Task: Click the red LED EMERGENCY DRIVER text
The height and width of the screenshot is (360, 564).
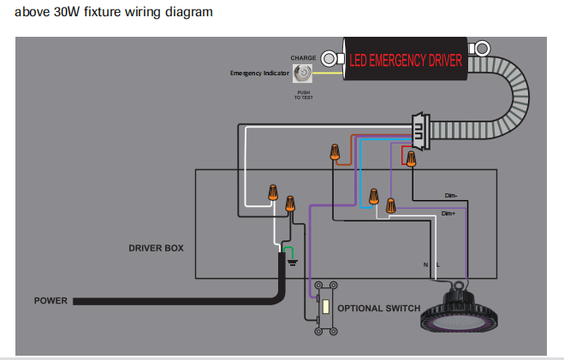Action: (x=406, y=61)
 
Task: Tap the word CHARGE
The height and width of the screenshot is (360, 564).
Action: (x=303, y=58)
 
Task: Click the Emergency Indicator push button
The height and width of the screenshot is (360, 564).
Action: (x=302, y=74)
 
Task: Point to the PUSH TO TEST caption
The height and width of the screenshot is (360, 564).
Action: (x=304, y=95)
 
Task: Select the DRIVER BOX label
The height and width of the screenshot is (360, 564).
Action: (x=156, y=248)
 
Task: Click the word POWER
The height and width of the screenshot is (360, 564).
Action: (x=50, y=301)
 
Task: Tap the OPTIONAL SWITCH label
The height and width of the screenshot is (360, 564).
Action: (x=379, y=309)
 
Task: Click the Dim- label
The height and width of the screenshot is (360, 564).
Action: (x=451, y=196)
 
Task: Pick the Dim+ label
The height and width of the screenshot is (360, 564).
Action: (x=448, y=214)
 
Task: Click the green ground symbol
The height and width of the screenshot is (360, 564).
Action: (x=292, y=262)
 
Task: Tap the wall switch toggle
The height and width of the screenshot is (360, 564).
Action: (x=326, y=306)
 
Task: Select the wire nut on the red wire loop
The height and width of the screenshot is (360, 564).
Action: (x=411, y=159)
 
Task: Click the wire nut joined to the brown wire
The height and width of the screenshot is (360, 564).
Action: (x=335, y=152)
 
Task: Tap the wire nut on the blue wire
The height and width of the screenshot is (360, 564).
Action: (x=374, y=197)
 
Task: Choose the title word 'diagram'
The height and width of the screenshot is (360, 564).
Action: (x=189, y=12)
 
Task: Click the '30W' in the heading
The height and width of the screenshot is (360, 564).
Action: (x=67, y=12)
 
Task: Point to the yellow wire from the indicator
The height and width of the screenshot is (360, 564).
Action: (x=327, y=74)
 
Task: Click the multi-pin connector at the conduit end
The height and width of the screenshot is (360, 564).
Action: (x=421, y=131)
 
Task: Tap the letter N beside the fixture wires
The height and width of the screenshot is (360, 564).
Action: (x=425, y=265)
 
